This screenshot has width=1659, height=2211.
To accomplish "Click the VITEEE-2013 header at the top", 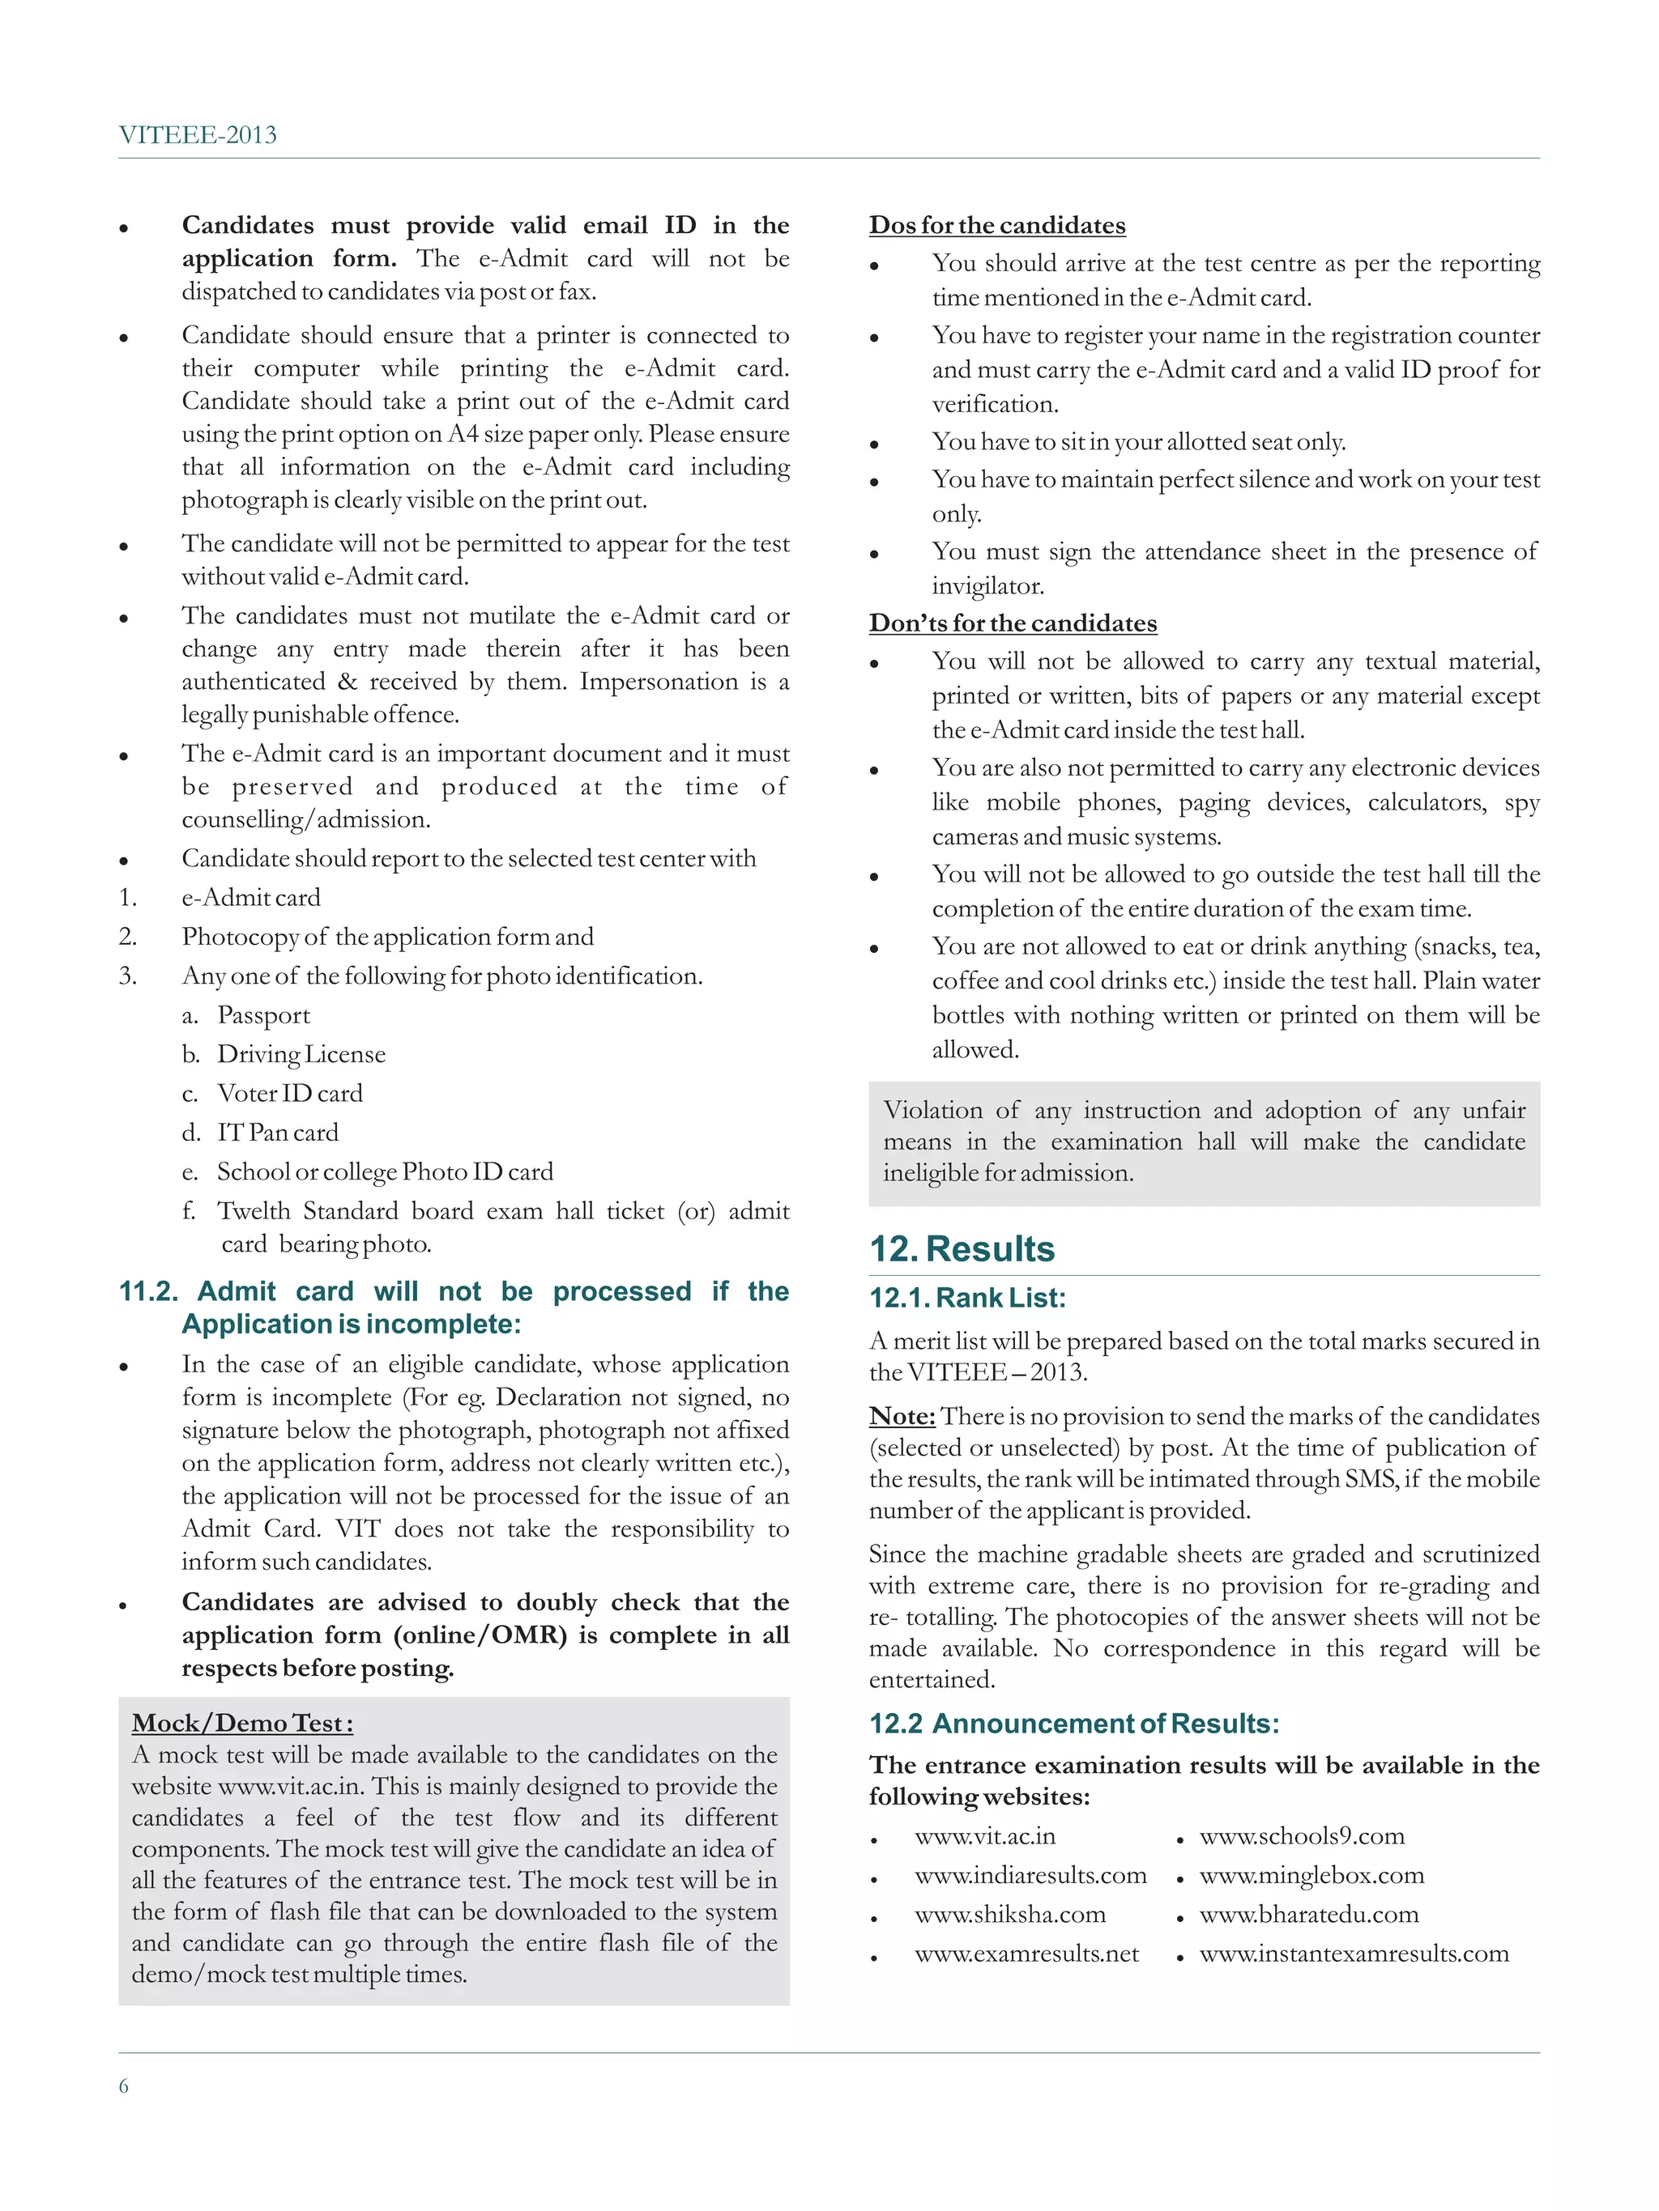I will (x=197, y=135).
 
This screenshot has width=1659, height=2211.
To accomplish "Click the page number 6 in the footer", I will (x=124, y=2085).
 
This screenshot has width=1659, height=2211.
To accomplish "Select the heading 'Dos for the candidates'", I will (x=996, y=226).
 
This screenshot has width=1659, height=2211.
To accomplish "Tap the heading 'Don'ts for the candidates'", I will (x=1012, y=623).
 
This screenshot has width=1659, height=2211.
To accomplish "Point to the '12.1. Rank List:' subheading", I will (x=967, y=1298).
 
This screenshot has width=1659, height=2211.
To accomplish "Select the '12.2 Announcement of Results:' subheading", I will (x=1073, y=1724).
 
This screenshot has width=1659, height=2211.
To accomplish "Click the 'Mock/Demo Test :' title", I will (x=242, y=1724).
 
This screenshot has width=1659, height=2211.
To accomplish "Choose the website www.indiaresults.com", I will (x=1030, y=1875).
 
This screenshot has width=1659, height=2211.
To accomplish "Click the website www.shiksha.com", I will (x=1010, y=1914).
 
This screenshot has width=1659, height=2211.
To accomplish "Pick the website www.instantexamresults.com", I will (x=1354, y=1953).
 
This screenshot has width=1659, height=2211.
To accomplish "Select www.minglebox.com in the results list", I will (x=1311, y=1875).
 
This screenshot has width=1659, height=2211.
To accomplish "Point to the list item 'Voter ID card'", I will (x=289, y=1094).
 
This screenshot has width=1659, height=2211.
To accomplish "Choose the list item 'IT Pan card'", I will (x=277, y=1133).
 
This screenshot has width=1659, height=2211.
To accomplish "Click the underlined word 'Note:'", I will (x=902, y=1416).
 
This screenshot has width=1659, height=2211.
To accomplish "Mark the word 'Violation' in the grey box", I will (x=932, y=1111).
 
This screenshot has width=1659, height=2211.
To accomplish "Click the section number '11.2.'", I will (x=148, y=1291).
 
